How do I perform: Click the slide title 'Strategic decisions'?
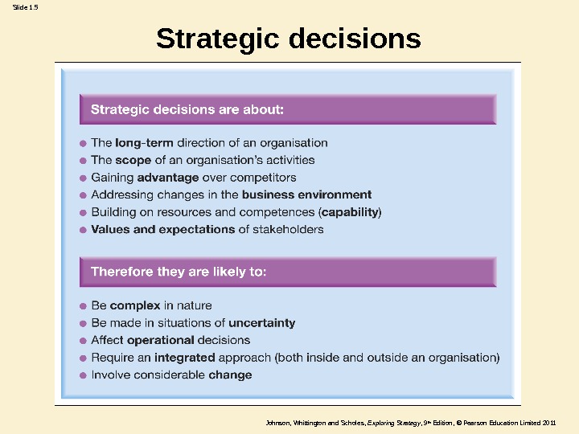pos(289,39)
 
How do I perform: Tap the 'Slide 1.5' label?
pos(25,7)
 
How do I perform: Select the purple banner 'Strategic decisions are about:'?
pos(288,109)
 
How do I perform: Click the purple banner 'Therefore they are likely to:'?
pos(288,272)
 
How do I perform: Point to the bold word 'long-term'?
pos(144,143)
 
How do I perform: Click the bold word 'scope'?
pos(133,160)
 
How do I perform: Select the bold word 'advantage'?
pos(168,178)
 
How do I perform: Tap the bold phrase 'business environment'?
pos(306,194)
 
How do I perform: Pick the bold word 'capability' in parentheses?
pos(351,212)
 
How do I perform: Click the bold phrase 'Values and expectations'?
pos(162,229)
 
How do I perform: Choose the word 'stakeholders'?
pos(288,229)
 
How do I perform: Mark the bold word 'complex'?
pos(135,305)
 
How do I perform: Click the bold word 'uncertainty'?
pos(261,323)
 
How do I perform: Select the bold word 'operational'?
pos(161,340)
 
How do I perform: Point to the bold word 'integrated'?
pos(184,358)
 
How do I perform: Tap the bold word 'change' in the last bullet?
pos(230,375)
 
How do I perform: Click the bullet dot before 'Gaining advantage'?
pos(83,178)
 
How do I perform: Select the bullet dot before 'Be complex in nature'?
pos(83,306)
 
